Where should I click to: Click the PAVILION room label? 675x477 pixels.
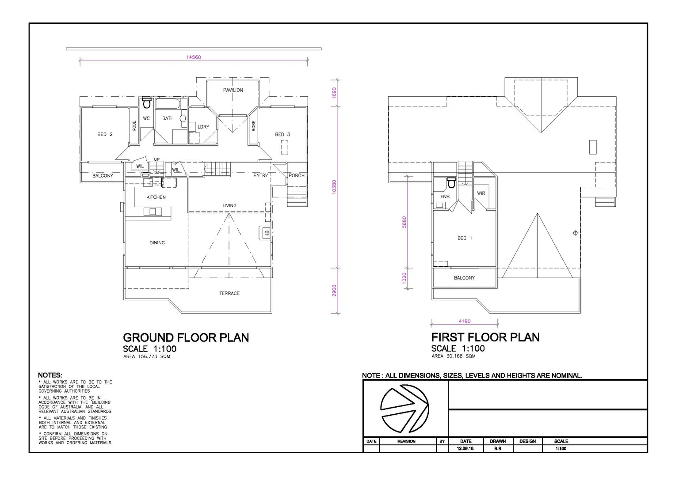tap(233, 90)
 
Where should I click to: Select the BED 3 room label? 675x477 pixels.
tap(282, 134)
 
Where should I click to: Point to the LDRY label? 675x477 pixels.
tap(203, 127)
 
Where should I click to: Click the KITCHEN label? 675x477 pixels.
tap(156, 197)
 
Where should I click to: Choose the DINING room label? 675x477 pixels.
tap(157, 242)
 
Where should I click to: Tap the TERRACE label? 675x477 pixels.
tap(229, 293)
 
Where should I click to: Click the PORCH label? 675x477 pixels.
tap(297, 175)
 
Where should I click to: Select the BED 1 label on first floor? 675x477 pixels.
tap(465, 238)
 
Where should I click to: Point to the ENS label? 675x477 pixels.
tap(445, 197)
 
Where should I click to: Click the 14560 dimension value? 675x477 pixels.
tap(194, 57)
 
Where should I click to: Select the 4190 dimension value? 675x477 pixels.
tap(464, 321)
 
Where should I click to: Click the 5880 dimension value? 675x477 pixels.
tap(404, 222)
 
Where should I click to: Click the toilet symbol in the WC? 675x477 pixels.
tap(147, 103)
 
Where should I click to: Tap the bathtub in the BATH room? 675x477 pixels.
tap(168, 105)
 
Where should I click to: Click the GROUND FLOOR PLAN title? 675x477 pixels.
tap(186, 337)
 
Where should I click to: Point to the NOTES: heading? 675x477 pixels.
tap(50, 375)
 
